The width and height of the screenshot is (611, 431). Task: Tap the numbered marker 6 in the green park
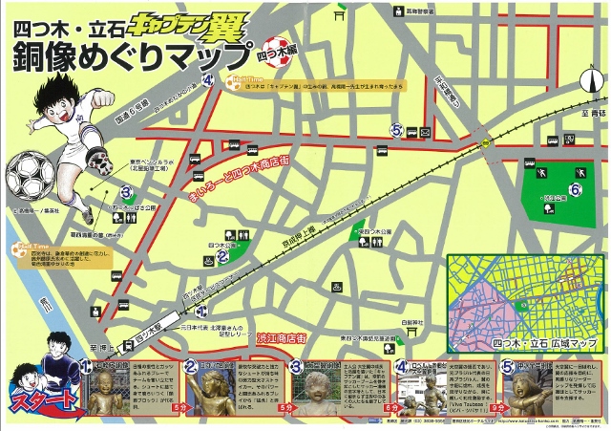576,190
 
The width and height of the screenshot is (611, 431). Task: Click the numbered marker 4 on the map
208,80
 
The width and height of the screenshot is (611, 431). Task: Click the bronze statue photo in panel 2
200,391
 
